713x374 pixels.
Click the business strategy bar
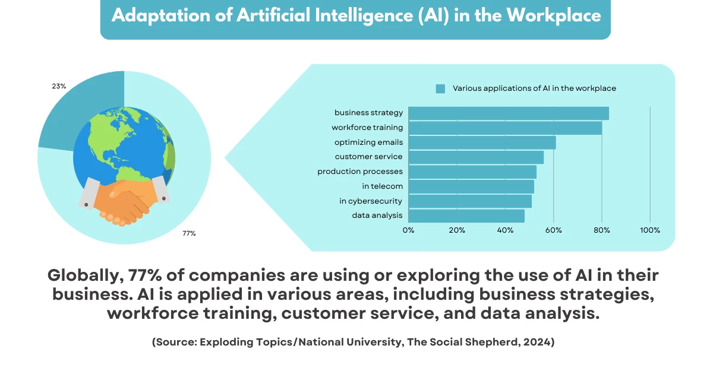pos(508,113)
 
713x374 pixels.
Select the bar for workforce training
pos(504,128)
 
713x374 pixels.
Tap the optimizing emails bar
pos(481,142)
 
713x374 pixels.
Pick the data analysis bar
pos(466,215)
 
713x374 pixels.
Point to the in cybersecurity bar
pos(469,201)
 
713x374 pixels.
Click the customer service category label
pos(368,157)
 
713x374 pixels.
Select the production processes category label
pos(360,172)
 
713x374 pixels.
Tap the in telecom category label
pos(382,186)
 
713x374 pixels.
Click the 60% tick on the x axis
pos(553,230)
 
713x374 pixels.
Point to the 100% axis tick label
pos(650,230)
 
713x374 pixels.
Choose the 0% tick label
pos(408,230)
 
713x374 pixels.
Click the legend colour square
pos(440,88)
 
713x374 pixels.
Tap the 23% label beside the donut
pos(59,86)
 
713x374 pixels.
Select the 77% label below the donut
pos(189,234)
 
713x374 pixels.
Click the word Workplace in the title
pos(553,15)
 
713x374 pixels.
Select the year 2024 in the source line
pos(538,343)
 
